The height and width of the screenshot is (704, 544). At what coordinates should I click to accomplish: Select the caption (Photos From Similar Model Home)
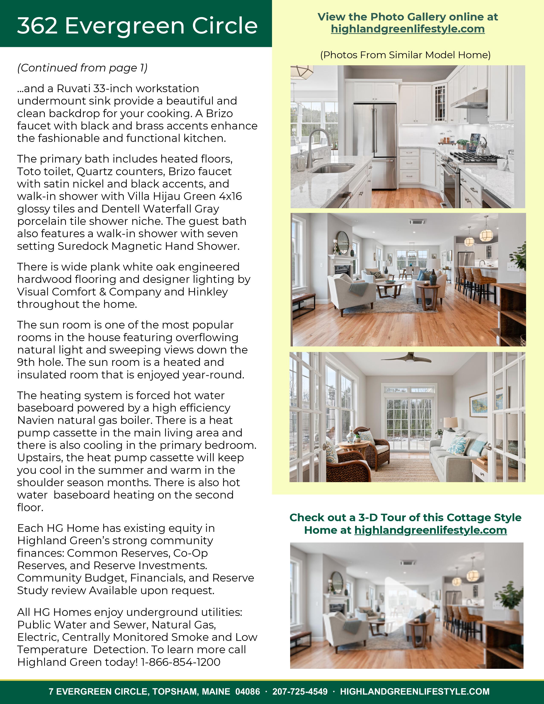405,55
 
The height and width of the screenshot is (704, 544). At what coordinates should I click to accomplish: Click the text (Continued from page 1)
82,68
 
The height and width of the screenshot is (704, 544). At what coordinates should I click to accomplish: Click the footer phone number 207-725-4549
300,691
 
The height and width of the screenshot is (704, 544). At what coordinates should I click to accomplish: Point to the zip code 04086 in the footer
247,691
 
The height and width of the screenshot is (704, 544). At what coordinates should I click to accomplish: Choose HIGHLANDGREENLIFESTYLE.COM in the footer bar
415,691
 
